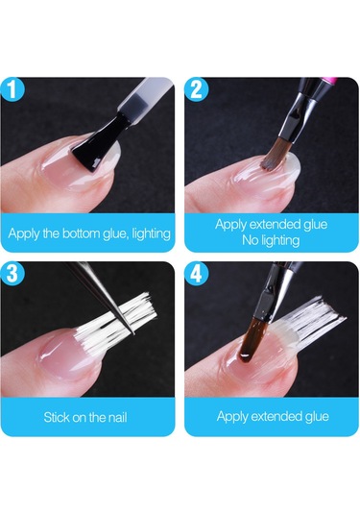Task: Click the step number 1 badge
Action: click(x=12, y=88)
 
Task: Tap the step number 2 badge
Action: click(x=196, y=88)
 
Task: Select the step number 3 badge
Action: click(x=12, y=273)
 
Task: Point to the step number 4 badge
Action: click(x=196, y=273)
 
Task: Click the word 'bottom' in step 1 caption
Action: click(x=81, y=233)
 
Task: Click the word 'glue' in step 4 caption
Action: click(x=317, y=417)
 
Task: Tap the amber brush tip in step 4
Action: click(x=249, y=346)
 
